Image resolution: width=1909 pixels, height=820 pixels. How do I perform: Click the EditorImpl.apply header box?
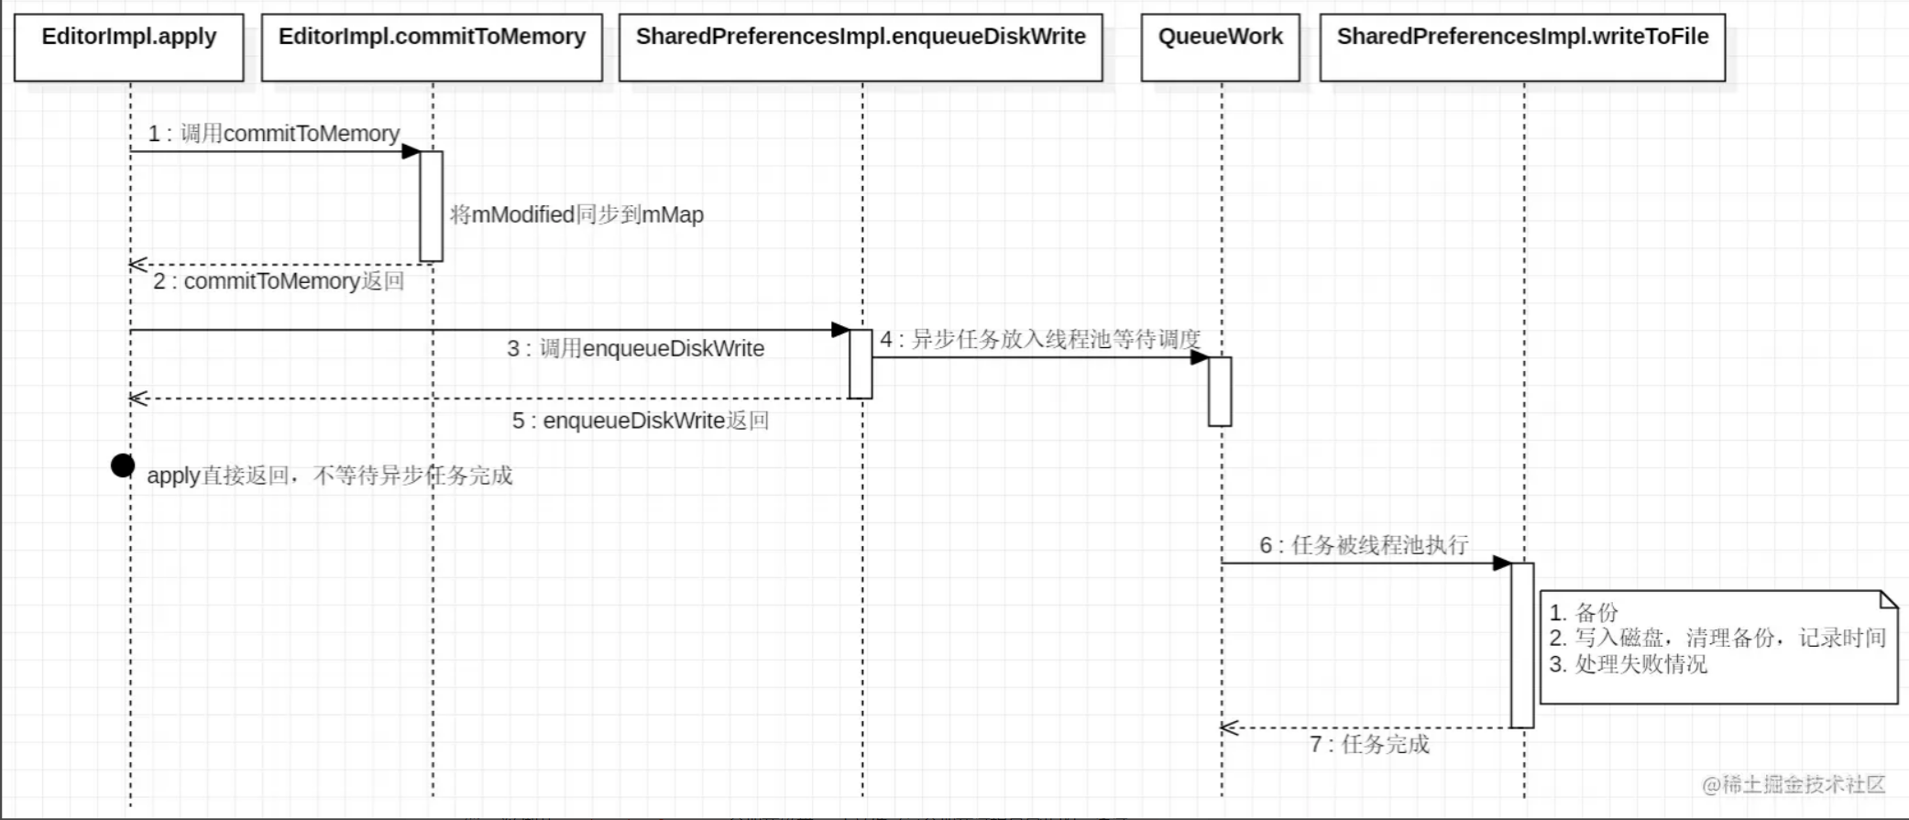tap(129, 47)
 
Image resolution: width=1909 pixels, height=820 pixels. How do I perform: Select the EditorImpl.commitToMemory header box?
tap(432, 47)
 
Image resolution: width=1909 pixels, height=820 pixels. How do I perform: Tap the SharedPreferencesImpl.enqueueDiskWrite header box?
tap(861, 47)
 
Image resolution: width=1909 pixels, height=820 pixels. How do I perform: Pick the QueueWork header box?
tap(1220, 47)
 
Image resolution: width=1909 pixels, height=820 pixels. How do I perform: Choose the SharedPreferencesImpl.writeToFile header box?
tap(1522, 47)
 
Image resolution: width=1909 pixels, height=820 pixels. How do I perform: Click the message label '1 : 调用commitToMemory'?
tap(274, 134)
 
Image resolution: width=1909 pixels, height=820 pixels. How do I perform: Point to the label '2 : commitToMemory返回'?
tap(279, 281)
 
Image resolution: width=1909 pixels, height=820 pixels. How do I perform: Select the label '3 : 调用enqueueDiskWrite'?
tap(636, 349)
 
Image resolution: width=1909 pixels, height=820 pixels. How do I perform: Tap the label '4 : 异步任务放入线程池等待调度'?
tap(1040, 340)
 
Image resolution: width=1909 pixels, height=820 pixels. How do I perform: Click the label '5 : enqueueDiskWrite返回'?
tap(641, 421)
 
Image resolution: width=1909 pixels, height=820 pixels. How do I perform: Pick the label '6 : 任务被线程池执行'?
tap(1364, 546)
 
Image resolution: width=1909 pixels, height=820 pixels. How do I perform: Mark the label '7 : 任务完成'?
tap(1369, 744)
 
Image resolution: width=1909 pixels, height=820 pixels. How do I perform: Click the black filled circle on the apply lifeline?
tap(123, 465)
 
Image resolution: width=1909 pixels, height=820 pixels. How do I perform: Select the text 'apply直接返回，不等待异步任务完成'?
tap(330, 476)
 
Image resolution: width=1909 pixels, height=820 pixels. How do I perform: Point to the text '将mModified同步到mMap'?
tap(576, 215)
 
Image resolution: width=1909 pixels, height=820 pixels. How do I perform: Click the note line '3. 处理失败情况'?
tap(1629, 664)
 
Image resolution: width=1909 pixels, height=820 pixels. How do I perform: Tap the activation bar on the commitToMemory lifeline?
tap(431, 206)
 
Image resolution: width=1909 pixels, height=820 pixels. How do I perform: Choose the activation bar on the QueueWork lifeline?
tap(1220, 391)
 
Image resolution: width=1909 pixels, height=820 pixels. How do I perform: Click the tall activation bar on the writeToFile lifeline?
tap(1522, 645)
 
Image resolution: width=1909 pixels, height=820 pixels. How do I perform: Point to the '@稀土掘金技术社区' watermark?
tap(1794, 784)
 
